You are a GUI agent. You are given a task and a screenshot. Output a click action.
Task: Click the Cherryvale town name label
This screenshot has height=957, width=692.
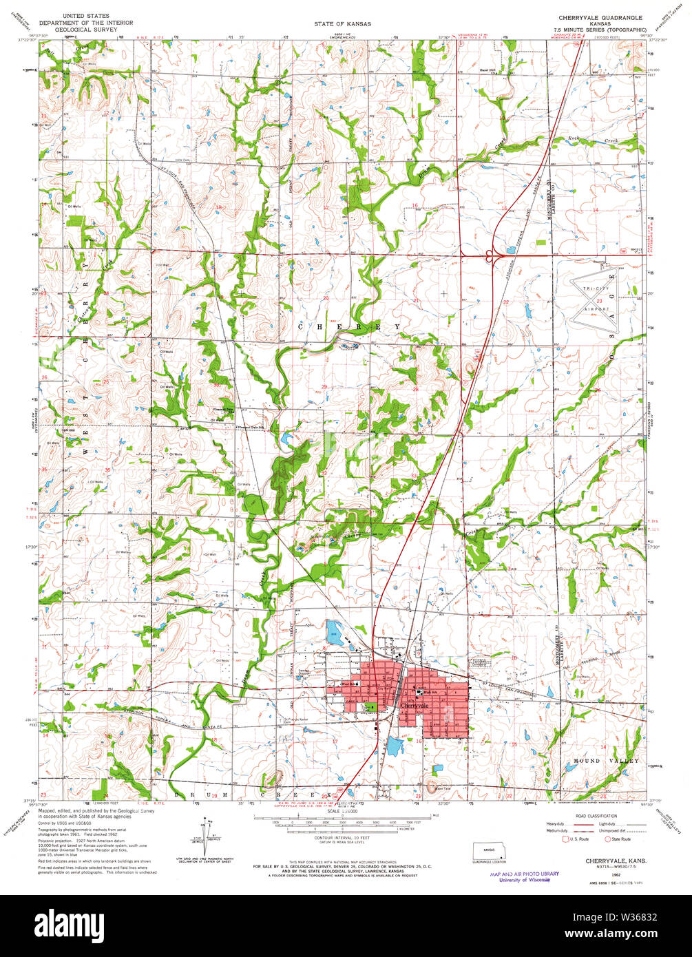click(415, 706)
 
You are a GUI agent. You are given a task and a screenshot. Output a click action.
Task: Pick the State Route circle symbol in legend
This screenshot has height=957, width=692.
click(607, 839)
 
